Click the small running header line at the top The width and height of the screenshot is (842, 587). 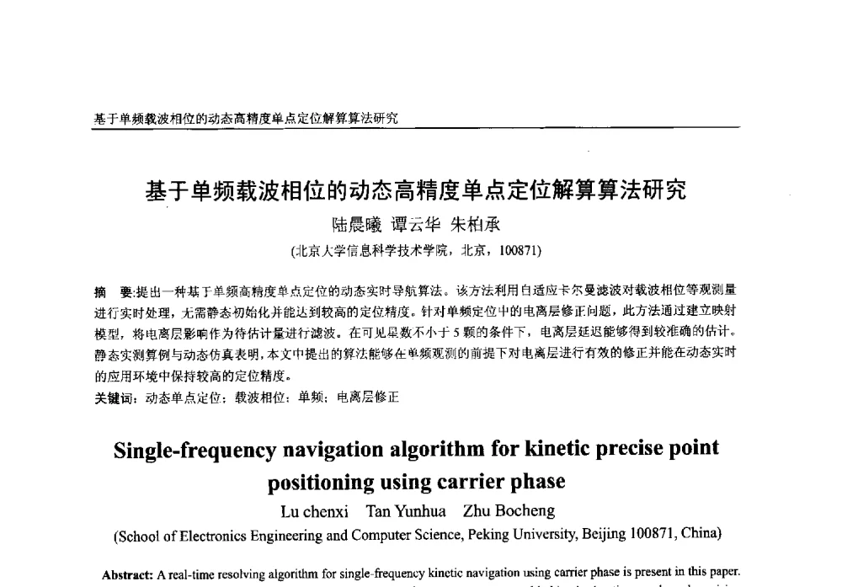coord(245,119)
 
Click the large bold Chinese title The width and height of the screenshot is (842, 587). coord(416,191)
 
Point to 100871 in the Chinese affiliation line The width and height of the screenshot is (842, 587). coord(520,250)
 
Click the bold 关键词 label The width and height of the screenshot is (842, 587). coord(115,398)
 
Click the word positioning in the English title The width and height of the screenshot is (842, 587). coord(321,483)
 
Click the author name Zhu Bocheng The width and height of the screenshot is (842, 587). coord(509,511)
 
